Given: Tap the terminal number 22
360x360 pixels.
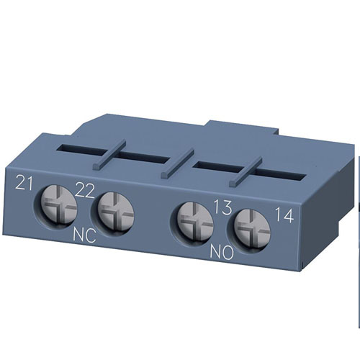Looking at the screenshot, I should coord(86,191).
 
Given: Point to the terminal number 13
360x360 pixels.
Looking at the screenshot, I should coord(223,209).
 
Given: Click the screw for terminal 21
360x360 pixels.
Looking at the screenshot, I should coord(56,207).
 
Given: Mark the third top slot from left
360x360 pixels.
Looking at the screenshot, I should coord(217,167).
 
